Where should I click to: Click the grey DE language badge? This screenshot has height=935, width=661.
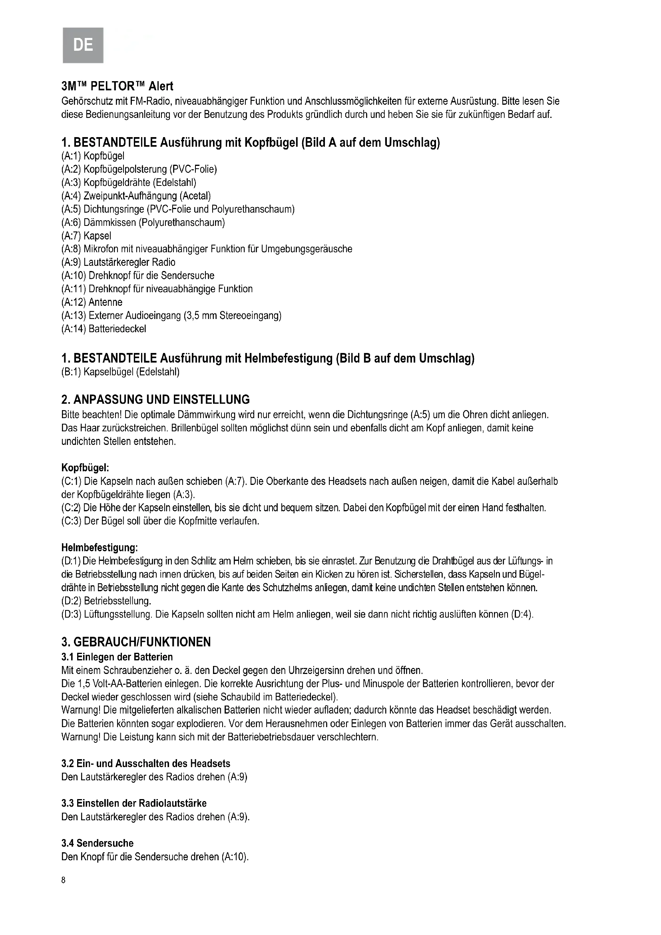83,44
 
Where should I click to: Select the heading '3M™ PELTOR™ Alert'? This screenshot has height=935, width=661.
117,86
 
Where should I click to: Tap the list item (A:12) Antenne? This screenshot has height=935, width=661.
92,302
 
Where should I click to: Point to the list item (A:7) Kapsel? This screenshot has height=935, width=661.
86,236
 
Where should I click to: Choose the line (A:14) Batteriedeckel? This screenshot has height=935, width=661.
104,329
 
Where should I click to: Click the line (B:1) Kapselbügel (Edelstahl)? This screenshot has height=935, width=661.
120,372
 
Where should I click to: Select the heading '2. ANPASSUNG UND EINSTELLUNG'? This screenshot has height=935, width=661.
155,399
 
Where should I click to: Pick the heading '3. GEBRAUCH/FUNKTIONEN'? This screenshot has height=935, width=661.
136,642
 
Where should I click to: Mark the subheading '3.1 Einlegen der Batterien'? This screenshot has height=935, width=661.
117,657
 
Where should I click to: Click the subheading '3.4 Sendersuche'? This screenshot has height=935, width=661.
97,843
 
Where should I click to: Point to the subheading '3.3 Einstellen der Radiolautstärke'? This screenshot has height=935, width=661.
134,803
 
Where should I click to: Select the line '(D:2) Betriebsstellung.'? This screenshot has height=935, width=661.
106,601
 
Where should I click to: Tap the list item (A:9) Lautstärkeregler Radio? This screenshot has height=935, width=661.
118,262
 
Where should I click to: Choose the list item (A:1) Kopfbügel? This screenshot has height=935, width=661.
93,156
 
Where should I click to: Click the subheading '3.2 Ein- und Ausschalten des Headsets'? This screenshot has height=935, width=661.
146,763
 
